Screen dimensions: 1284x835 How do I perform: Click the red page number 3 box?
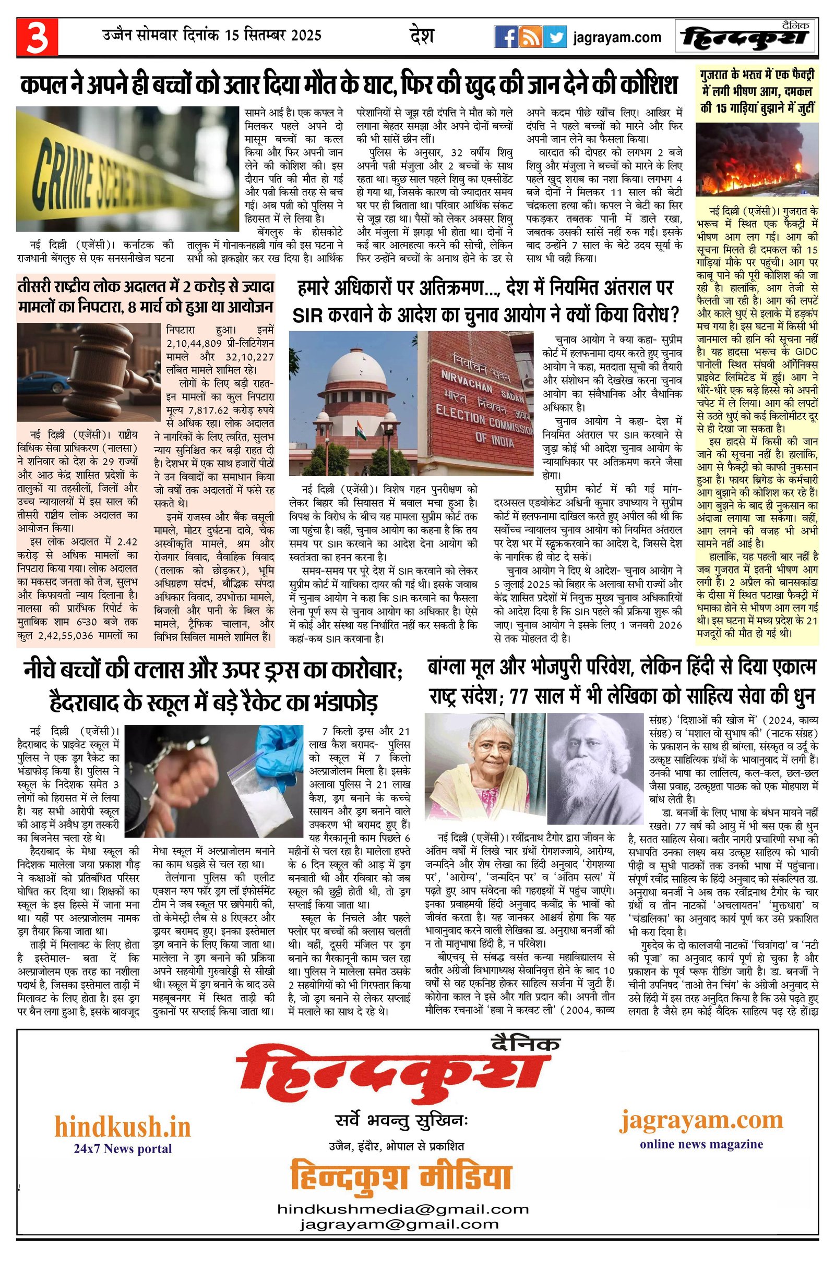click(37, 37)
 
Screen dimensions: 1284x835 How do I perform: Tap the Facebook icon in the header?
click(506, 37)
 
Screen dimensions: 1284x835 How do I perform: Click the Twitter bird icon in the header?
click(555, 37)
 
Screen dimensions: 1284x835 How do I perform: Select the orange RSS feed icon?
click(531, 37)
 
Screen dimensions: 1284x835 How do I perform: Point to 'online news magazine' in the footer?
click(701, 1144)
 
